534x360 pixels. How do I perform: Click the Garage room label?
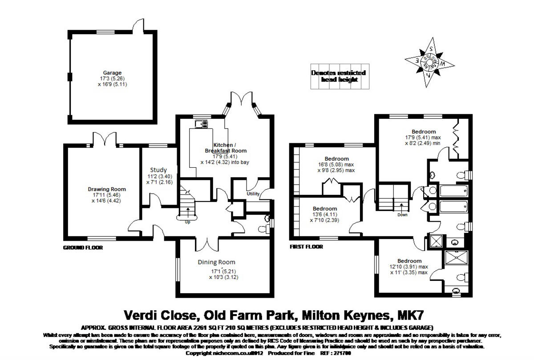(112, 73)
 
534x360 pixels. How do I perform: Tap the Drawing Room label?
(107, 189)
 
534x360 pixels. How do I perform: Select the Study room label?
(158, 170)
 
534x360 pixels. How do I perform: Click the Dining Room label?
(216, 262)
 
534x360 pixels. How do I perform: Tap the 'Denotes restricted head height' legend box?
(338, 76)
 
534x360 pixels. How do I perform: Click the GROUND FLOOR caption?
(83, 247)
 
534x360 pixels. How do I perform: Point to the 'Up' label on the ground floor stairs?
(187, 222)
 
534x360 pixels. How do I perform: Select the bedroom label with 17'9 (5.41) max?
(423, 132)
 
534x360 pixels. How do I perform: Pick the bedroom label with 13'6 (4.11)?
(324, 209)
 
